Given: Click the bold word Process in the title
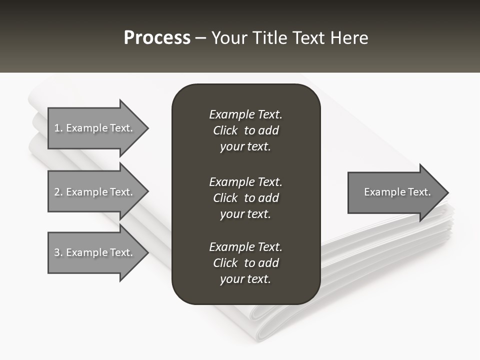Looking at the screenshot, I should [x=157, y=38].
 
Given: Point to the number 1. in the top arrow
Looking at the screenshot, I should [x=58, y=128].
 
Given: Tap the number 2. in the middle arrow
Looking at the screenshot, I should [x=58, y=192].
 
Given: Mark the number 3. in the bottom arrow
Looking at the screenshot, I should [x=58, y=252].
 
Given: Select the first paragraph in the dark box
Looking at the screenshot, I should [x=245, y=130].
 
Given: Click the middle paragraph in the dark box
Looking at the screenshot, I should [x=245, y=197].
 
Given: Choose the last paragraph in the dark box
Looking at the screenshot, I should [x=245, y=263].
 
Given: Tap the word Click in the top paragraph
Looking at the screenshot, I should [x=225, y=130].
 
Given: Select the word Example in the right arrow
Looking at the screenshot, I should [x=381, y=192].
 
